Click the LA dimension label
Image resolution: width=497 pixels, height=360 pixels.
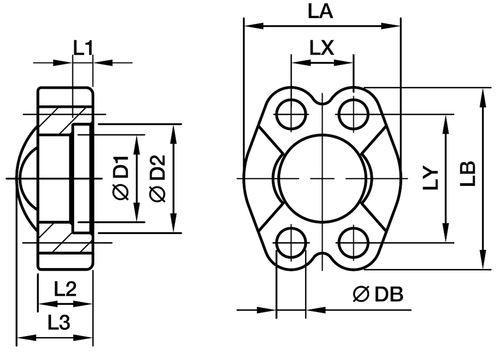321,12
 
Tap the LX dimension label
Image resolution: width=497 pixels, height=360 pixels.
322,49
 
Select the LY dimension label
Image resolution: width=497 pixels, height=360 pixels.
431,179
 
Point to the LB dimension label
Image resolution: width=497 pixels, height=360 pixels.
468,174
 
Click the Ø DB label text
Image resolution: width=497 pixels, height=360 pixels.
378,294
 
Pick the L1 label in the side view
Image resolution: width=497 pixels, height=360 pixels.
83,48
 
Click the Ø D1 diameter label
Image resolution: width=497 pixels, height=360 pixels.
121,178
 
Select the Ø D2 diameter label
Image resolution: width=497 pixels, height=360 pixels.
158,178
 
